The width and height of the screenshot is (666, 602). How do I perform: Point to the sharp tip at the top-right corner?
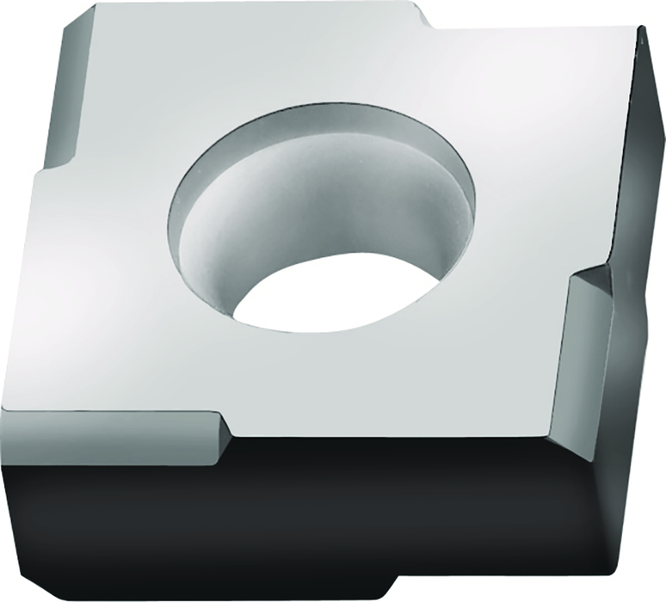(x=643, y=28)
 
